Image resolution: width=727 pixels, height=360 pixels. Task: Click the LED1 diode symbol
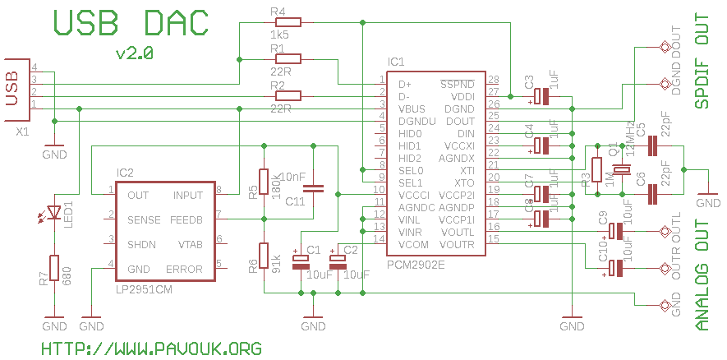tap(54, 212)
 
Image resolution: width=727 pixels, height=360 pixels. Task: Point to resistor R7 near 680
tap(54, 268)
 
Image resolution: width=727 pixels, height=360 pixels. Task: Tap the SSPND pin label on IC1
tap(458, 84)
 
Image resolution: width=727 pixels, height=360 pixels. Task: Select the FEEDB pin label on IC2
tap(186, 220)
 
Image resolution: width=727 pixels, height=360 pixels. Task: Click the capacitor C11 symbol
tap(320, 189)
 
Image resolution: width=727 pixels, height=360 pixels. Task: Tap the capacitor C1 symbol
tap(301, 262)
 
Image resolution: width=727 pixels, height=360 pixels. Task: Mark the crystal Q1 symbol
tap(622, 170)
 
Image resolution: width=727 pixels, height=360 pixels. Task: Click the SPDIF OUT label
tap(702, 62)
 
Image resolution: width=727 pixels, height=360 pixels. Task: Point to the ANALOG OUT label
tap(702, 275)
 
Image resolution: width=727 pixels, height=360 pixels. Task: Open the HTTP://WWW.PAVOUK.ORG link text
tap(151, 348)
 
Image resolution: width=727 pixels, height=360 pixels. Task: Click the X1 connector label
tap(24, 132)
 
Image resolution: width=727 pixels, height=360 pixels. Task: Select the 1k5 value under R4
tap(278, 37)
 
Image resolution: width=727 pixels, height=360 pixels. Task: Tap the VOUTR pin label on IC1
tap(458, 244)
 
